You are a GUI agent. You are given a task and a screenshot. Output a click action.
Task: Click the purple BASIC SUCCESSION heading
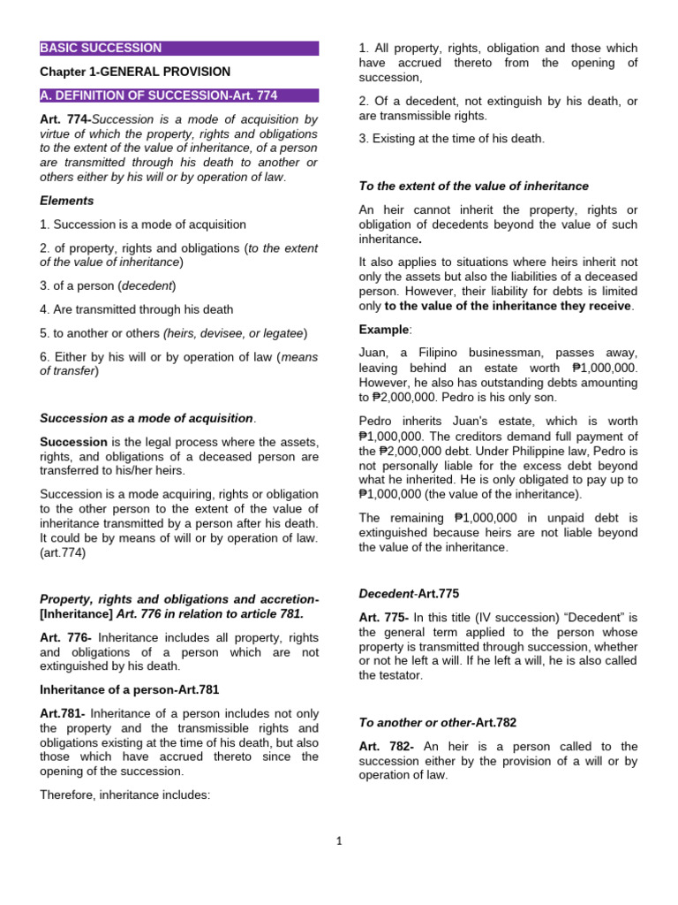pyautogui.click(x=101, y=48)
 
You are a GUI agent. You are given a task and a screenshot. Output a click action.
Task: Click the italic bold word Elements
pyautogui.click(x=66, y=201)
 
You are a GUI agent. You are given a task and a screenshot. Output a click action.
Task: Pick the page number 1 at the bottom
pyautogui.click(x=338, y=841)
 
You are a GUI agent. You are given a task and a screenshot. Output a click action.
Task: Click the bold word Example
pyautogui.click(x=384, y=330)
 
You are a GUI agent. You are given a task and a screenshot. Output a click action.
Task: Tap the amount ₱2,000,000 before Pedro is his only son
pyautogui.click(x=403, y=398)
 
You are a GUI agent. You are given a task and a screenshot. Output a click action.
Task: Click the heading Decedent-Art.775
pyautogui.click(x=409, y=593)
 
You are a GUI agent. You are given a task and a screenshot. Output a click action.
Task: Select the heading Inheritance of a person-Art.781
pyautogui.click(x=129, y=689)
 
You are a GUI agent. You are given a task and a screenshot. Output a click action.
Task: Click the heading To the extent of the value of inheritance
pyautogui.click(x=473, y=186)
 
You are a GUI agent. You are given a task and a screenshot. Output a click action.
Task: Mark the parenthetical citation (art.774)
pyautogui.click(x=63, y=552)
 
